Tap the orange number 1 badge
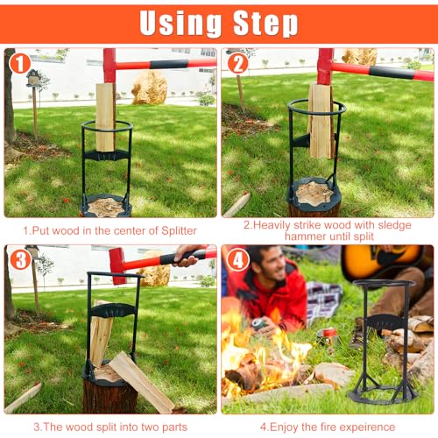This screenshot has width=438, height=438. coord(19,64)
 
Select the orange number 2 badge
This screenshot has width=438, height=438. coord(237,64)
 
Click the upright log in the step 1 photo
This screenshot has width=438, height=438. coord(105,116)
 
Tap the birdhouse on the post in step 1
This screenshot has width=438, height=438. coord(34,78)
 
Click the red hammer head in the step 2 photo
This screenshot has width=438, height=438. coord(324,66)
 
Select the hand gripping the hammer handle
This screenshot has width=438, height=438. coord(187,255)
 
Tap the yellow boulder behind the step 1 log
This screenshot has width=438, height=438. coord(149,88)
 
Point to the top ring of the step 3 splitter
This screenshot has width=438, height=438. coord(112,277)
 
